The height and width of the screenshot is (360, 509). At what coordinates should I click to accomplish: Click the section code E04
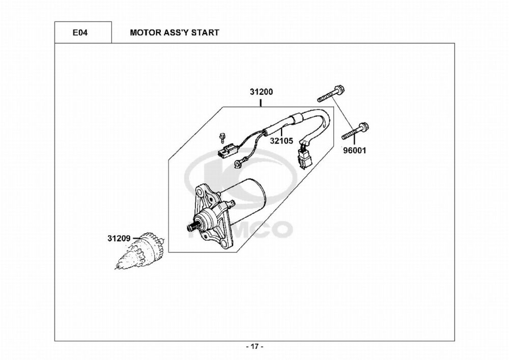point(80,33)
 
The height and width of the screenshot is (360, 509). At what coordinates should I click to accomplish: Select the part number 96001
point(354,151)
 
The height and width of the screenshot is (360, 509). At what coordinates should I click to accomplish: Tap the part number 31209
point(119,237)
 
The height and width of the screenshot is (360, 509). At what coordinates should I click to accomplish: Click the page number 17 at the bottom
point(254,347)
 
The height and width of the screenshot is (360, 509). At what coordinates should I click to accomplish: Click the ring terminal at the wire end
point(238,163)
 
